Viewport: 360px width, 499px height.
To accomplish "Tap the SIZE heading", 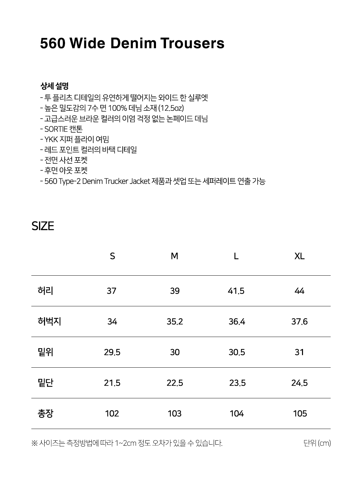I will point(43,226).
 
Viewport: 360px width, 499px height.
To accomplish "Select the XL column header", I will point(299,256).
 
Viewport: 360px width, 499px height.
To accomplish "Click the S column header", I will point(112,256).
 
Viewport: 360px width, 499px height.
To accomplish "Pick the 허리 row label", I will point(45,291).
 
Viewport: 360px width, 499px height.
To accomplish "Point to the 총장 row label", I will point(45,413).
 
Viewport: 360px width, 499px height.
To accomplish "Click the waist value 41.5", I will point(236,291).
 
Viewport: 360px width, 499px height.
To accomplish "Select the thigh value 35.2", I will point(175,322).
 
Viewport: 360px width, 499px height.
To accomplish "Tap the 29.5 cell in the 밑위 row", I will point(112,352).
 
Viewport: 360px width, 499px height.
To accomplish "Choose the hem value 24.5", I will point(299,383).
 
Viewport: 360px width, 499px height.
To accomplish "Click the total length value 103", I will point(175,414).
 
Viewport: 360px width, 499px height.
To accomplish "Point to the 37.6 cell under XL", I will point(299,322).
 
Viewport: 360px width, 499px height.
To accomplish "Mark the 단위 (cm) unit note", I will point(317,443).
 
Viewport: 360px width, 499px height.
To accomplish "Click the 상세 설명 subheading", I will point(54,86).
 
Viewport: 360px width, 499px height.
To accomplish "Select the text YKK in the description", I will point(51,139).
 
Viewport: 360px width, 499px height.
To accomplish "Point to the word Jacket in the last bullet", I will point(139,181).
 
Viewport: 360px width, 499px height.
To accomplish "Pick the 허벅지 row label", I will point(49,321).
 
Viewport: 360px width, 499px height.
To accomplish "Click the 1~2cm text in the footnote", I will point(125,443).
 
